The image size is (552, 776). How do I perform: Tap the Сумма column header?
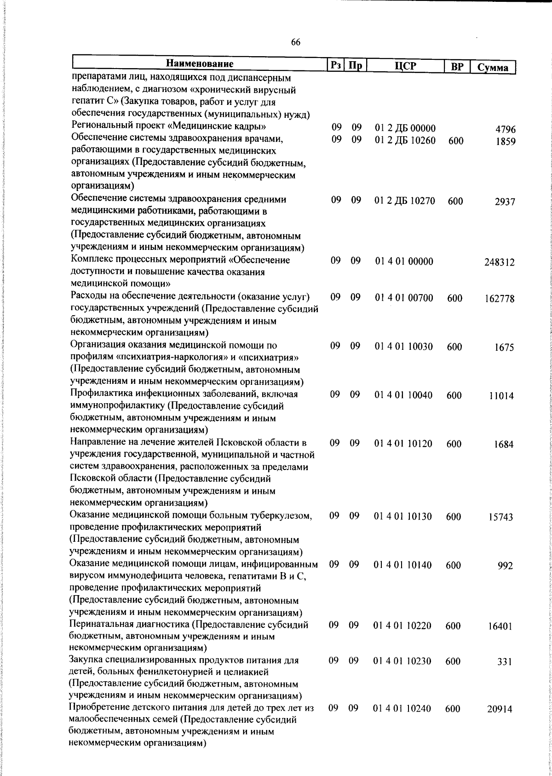(x=493, y=68)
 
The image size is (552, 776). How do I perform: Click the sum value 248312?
(x=499, y=263)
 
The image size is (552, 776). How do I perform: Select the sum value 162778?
(x=499, y=299)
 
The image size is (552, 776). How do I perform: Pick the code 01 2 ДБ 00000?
(x=405, y=128)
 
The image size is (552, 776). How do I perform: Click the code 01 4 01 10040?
(x=403, y=395)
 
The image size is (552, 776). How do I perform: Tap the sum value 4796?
(x=505, y=129)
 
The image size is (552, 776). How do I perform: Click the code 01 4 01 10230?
(x=402, y=661)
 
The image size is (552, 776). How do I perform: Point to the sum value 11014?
(x=501, y=396)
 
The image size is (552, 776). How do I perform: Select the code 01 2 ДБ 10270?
(x=405, y=201)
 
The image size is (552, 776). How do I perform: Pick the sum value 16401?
(x=500, y=626)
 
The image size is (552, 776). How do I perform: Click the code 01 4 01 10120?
(x=403, y=444)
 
